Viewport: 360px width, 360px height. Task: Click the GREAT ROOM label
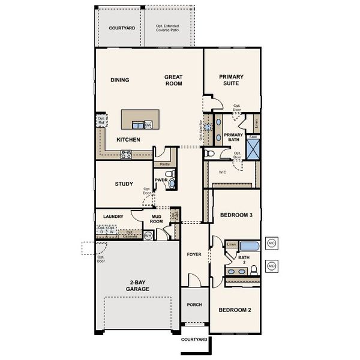174,81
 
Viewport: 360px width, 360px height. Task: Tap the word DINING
120,80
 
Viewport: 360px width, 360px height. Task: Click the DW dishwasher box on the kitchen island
148,125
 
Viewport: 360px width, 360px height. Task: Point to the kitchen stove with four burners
127,154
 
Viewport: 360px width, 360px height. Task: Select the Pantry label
164,164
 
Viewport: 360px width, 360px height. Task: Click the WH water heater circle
148,236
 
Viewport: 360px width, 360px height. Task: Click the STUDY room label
124,184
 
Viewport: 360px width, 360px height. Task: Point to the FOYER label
194,254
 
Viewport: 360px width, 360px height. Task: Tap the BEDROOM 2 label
234,310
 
